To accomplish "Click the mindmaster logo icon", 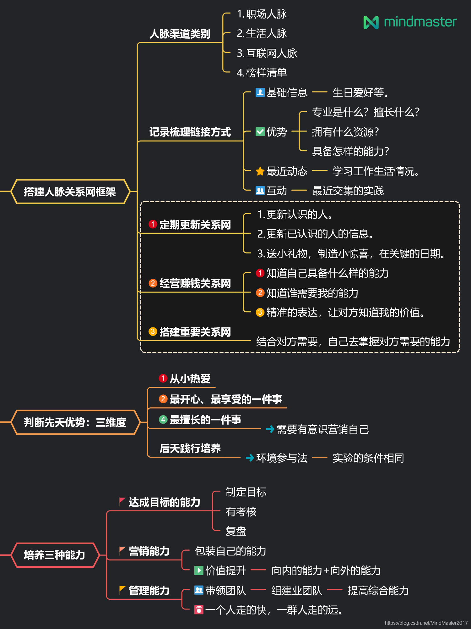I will [x=371, y=22].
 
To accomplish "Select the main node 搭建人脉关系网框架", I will [x=70, y=192].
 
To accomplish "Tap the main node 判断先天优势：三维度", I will [x=75, y=422].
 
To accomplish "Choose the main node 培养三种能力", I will [x=55, y=555].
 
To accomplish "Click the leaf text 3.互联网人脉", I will [x=267, y=53].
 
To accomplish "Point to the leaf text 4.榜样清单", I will [x=262, y=73].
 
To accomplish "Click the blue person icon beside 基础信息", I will [x=260, y=92].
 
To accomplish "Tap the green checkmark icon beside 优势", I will [x=260, y=131].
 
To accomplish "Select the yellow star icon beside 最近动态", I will [x=260, y=171].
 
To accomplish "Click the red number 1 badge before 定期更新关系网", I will [x=153, y=224].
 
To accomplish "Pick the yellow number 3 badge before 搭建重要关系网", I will [x=153, y=331].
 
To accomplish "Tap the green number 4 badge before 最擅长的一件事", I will [x=163, y=419].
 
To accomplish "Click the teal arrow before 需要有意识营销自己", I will [x=270, y=429].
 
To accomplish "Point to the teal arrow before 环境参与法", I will [x=250, y=458].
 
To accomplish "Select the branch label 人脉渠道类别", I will [x=180, y=34].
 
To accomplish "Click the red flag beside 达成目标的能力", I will [x=122, y=501].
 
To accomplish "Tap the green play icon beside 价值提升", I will [x=199, y=570].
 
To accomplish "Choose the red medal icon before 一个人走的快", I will [x=199, y=610].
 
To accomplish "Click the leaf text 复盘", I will [x=236, y=531].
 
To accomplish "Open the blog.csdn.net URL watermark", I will [x=426, y=623].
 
